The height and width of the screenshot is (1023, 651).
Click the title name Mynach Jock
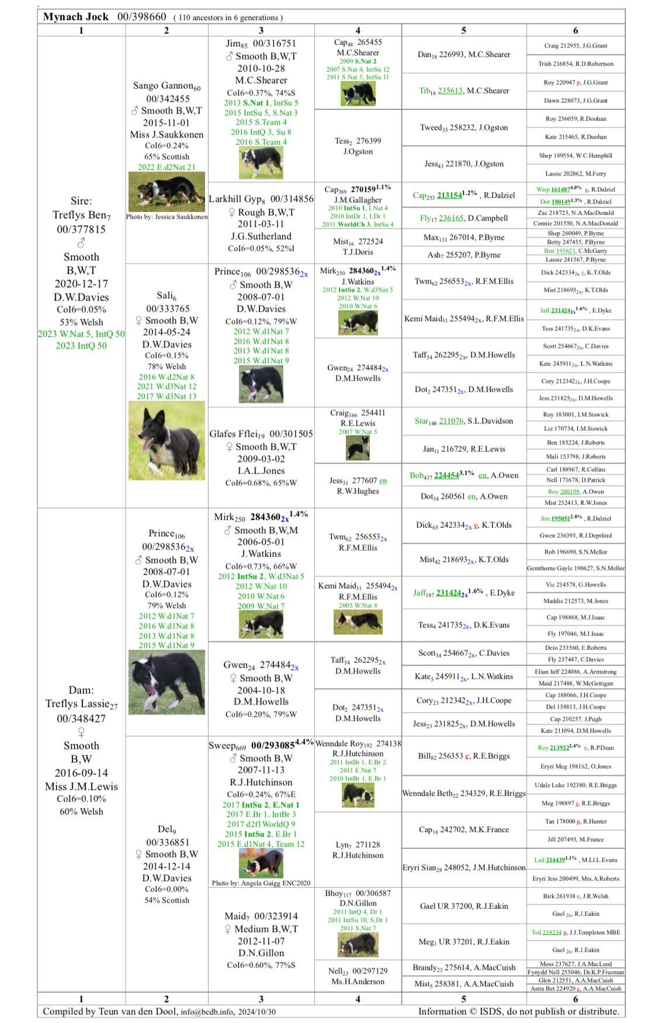click(x=76, y=16)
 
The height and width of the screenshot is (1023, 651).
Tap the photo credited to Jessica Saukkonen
click(x=167, y=192)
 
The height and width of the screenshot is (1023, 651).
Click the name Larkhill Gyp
click(x=235, y=199)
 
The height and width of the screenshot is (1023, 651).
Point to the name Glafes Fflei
click(x=234, y=434)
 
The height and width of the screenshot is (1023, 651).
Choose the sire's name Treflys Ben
click(x=77, y=215)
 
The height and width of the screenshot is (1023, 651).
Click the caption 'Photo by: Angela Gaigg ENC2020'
click(x=261, y=883)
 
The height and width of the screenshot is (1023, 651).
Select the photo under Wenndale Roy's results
click(x=358, y=794)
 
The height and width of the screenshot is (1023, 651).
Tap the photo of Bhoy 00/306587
click(x=358, y=945)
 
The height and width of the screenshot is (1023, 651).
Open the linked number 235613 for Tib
click(x=451, y=91)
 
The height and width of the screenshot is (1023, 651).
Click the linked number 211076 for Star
click(x=451, y=421)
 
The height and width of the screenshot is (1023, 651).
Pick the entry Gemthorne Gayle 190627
click(x=576, y=568)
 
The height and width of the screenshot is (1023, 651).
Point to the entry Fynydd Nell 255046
click(x=576, y=972)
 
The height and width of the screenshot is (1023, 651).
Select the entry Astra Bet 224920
click(x=576, y=989)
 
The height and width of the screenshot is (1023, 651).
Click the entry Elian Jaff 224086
click(x=576, y=672)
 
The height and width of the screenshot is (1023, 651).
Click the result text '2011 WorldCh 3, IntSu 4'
click(x=358, y=224)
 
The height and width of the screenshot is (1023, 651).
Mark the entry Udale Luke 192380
click(x=576, y=785)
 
